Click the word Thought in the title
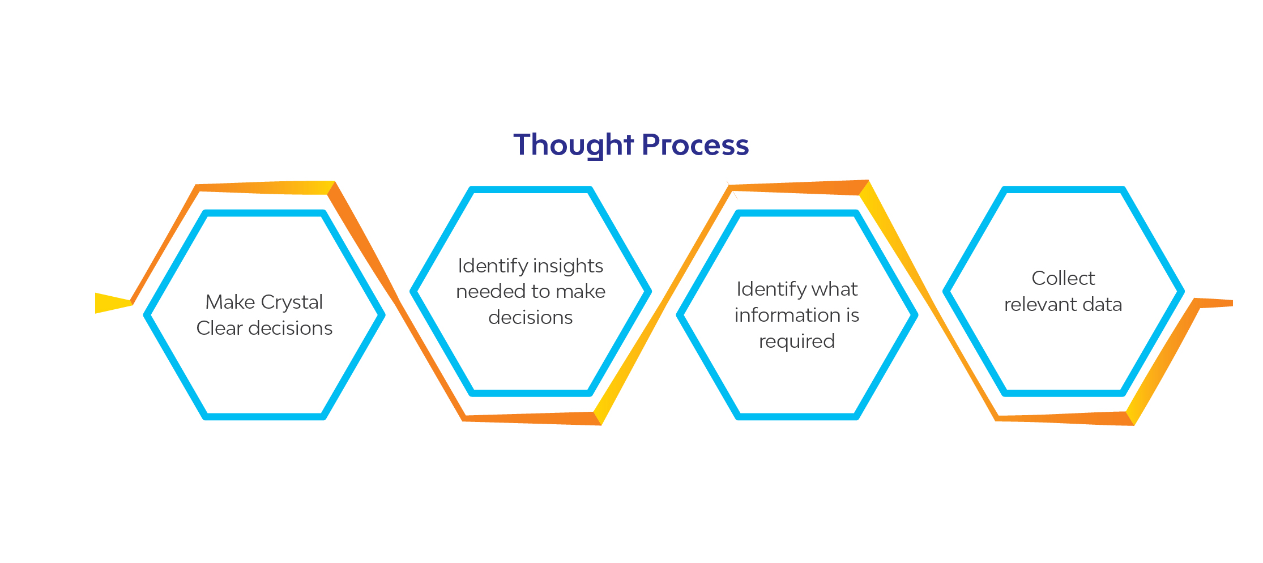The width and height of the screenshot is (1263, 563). point(573,145)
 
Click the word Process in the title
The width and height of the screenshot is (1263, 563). point(695,145)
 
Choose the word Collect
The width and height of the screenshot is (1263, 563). point(1063,278)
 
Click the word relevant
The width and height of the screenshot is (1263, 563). point(1040,305)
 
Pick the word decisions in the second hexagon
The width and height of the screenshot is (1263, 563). point(531,317)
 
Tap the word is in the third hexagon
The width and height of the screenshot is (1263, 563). point(853,315)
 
